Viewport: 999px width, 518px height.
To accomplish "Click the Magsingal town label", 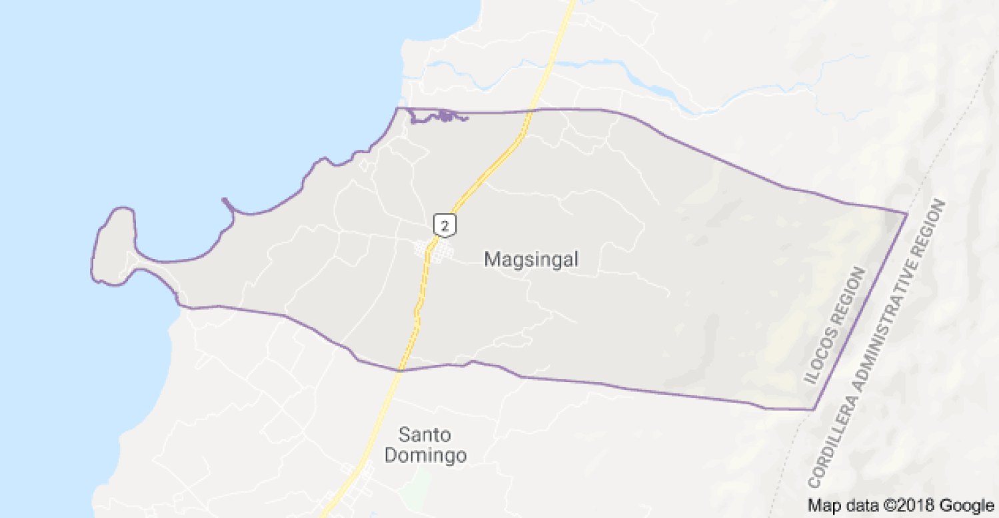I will pyautogui.click(x=531, y=259).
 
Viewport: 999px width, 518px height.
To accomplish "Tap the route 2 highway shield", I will pyautogui.click(x=445, y=224).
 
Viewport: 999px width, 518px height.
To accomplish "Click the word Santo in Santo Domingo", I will pyautogui.click(x=425, y=435).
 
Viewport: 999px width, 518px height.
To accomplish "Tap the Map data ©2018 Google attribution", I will pyautogui.click(x=900, y=505).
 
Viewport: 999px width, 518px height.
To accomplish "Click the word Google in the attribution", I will pyautogui.click(x=968, y=505).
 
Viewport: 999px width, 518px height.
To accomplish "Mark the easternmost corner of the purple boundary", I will pyautogui.click(x=906, y=213).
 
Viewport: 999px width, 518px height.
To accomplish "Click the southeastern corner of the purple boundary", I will pyautogui.click(x=814, y=408).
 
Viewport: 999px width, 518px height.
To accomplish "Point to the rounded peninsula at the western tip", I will pyautogui.click(x=113, y=246).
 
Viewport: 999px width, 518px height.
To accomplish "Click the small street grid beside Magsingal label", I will pyautogui.click(x=433, y=251).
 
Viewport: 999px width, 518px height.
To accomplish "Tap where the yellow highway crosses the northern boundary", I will pyautogui.click(x=531, y=110).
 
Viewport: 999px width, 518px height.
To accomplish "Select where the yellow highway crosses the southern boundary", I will pyautogui.click(x=401, y=370).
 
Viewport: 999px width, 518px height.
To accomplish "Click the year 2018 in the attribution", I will pyautogui.click(x=921, y=505).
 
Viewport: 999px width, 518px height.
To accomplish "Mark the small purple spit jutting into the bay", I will pyautogui.click(x=229, y=205).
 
